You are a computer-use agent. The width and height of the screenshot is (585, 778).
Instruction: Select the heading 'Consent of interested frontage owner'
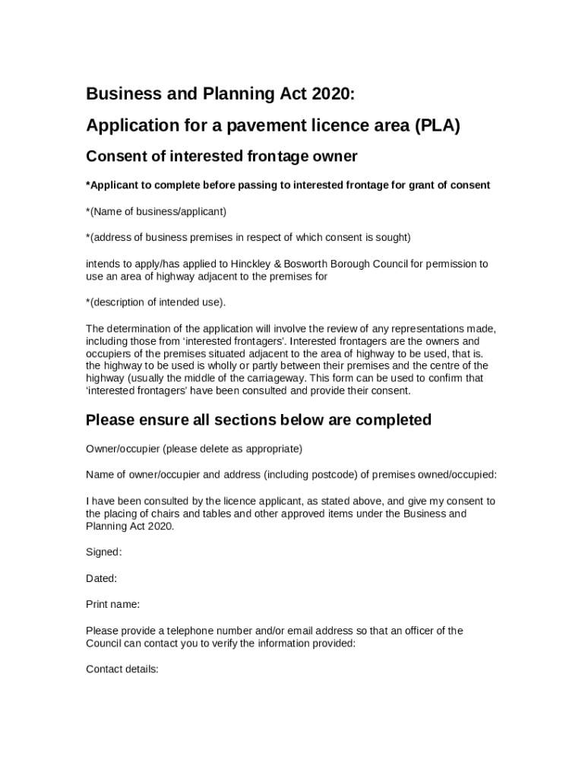[x=221, y=157]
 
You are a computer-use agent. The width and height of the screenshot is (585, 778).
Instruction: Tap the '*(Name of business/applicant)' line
[x=157, y=211]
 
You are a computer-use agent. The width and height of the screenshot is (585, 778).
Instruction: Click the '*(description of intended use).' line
[x=156, y=302]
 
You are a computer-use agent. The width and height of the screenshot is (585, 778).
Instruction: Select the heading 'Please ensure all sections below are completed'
[x=258, y=420]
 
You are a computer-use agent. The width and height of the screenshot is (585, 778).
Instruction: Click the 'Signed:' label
[x=104, y=552]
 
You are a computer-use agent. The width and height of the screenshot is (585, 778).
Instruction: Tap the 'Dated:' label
[x=101, y=578]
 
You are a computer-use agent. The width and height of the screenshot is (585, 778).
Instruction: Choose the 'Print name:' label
[x=112, y=605]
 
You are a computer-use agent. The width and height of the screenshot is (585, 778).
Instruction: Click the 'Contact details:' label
[x=122, y=669]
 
